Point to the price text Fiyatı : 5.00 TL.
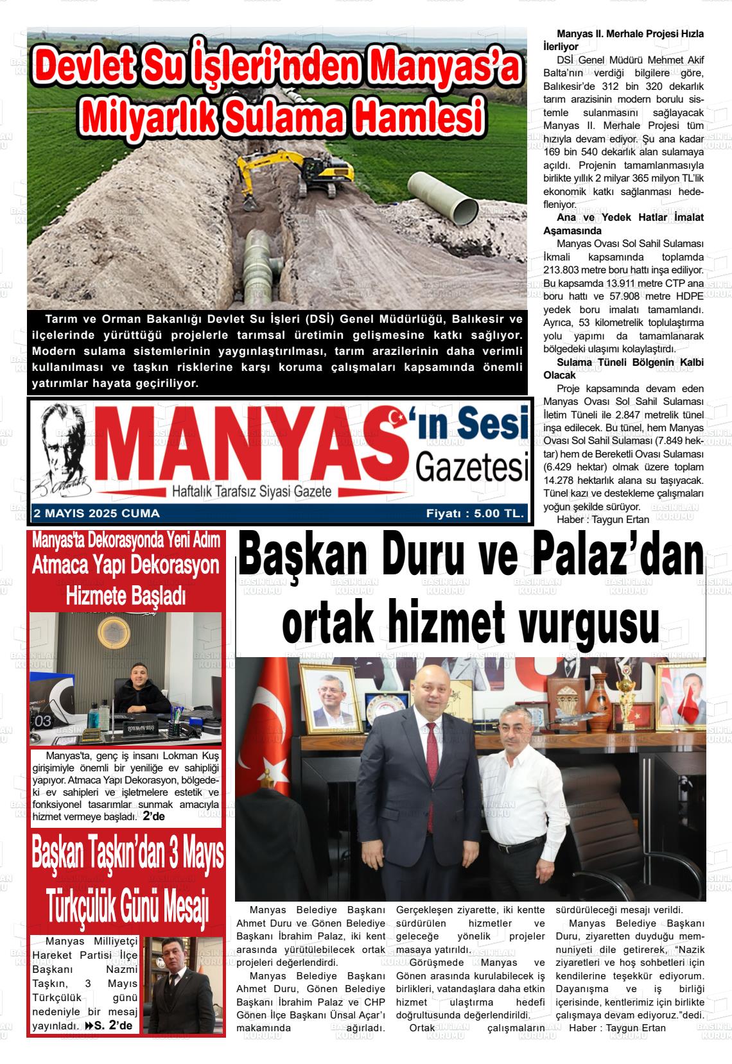(475, 513)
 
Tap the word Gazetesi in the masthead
(472, 467)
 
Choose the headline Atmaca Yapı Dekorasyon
(126, 566)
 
